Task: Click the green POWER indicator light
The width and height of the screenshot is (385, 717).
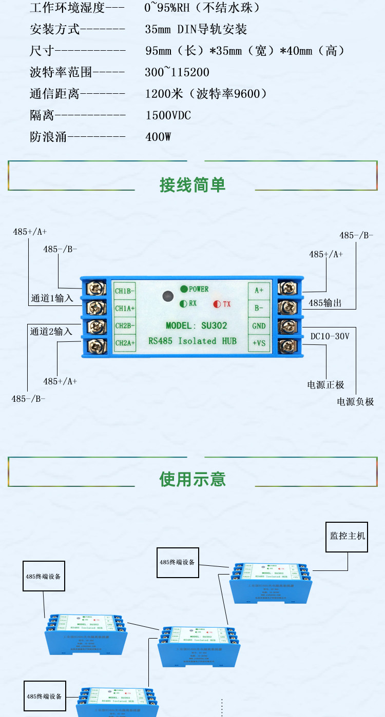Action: (x=183, y=289)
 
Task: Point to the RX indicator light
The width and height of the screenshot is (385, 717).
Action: (x=183, y=303)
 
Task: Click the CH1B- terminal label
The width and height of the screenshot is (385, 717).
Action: (x=125, y=291)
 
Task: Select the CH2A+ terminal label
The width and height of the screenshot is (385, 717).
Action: (x=125, y=342)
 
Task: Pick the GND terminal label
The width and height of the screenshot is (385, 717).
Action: (x=258, y=326)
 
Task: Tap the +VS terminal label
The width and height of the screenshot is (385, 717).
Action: (x=258, y=343)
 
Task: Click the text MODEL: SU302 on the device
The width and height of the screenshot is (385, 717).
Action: (x=196, y=326)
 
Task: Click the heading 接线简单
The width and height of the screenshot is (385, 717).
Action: (x=192, y=185)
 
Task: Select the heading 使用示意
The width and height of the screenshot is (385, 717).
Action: (x=192, y=479)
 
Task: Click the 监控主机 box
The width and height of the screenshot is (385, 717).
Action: (x=347, y=537)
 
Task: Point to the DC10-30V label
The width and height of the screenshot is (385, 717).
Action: (x=330, y=337)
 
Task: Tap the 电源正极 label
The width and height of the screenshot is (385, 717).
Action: (x=325, y=385)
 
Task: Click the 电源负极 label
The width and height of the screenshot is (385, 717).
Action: (x=355, y=402)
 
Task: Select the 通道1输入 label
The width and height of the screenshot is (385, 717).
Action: (x=52, y=298)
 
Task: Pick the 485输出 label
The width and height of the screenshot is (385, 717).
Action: (x=325, y=303)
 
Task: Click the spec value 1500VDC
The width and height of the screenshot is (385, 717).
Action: (x=168, y=115)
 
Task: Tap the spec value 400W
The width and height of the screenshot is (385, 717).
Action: (x=158, y=137)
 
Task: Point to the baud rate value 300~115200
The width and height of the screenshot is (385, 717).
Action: (x=177, y=72)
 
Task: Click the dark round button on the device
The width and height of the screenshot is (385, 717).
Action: (x=166, y=296)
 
